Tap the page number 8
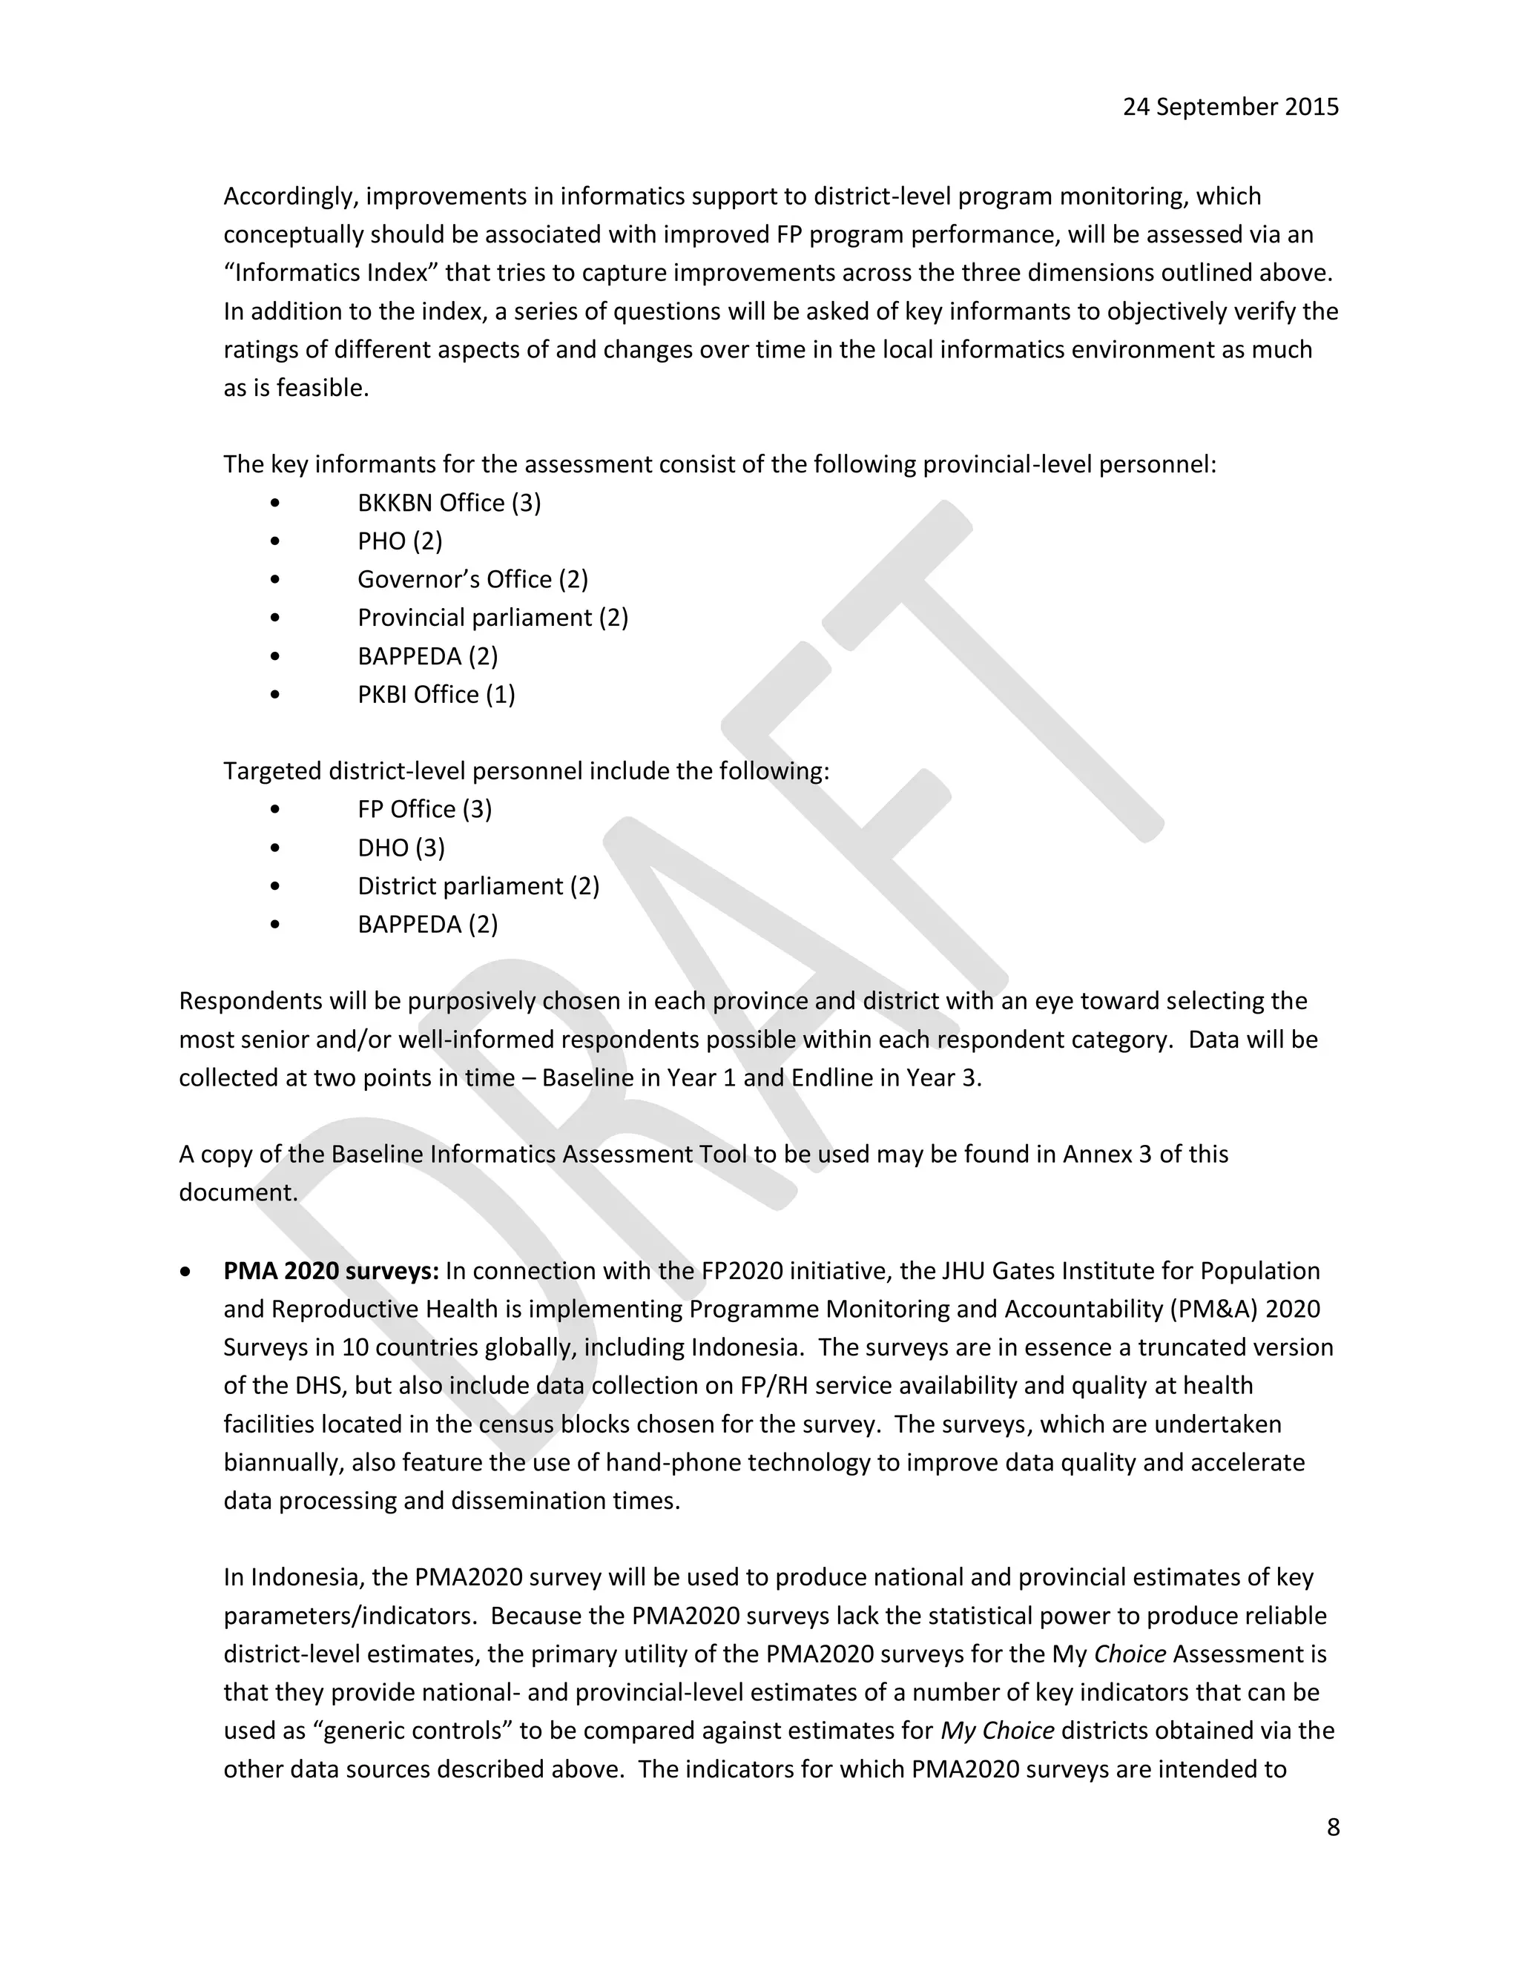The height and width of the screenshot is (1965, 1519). pyautogui.click(x=1333, y=1826)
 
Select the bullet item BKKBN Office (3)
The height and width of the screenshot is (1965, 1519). pyautogui.click(x=449, y=503)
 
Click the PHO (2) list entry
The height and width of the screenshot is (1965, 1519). pyautogui.click(x=400, y=541)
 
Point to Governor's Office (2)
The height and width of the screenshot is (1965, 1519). pyautogui.click(x=472, y=579)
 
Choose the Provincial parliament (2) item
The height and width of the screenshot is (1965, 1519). pyautogui.click(x=492, y=618)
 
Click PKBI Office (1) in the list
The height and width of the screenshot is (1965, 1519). pyautogui.click(x=435, y=695)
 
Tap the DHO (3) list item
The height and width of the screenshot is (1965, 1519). pyautogui.click(x=401, y=848)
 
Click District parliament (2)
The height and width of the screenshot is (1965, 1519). pyautogui.click(x=478, y=886)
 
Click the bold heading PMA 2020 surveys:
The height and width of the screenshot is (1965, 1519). pyautogui.click(x=331, y=1270)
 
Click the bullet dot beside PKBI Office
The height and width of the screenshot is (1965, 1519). pyautogui.click(x=275, y=695)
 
